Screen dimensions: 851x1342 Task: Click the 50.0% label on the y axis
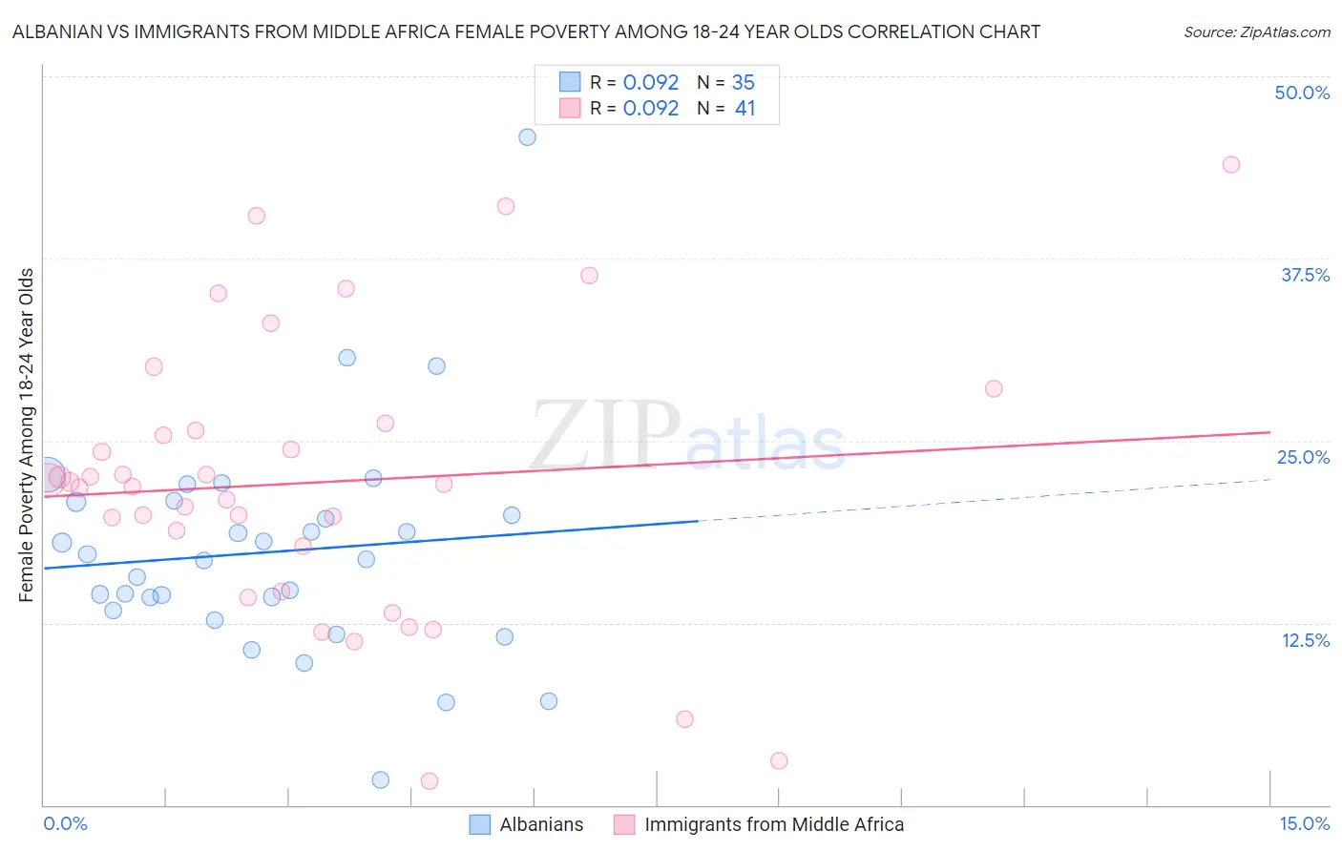1302,93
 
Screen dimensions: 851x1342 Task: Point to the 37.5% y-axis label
1305,275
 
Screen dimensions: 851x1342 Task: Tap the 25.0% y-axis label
1303,457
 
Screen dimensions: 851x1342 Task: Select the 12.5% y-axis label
1305,640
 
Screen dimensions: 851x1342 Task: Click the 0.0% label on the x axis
65,823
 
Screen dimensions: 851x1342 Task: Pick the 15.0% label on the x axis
1304,823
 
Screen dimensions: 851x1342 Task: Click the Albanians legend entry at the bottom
541,824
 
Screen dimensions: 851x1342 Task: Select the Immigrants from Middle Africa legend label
773,824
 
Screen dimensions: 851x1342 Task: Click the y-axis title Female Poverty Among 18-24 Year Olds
26,435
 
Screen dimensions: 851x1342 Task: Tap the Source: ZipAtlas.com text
1256,32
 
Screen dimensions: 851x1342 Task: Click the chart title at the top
526,31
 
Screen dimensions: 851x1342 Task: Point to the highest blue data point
527,137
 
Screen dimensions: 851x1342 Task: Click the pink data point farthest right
1231,165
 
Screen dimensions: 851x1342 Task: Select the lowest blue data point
381,780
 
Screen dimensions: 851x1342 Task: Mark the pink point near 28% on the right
994,389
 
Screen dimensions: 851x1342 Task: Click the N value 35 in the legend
743,83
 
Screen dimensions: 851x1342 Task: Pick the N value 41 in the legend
744,109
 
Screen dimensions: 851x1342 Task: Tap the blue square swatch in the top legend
570,82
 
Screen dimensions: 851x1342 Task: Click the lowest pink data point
430,781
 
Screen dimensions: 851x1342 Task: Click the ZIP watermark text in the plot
605,435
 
